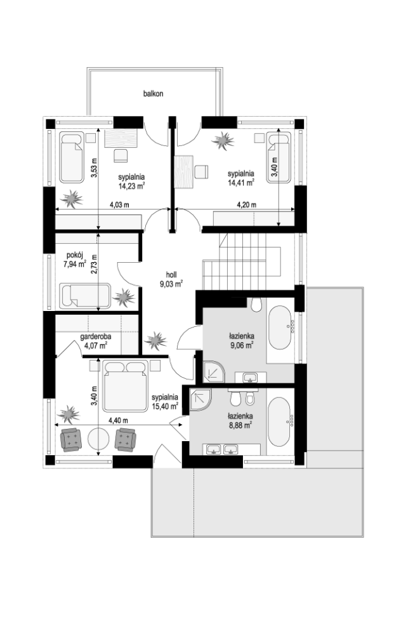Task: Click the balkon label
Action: tap(153, 94)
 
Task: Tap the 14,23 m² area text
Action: tap(131, 185)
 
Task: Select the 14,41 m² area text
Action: tap(240, 183)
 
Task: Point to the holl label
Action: tap(171, 274)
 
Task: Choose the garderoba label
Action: tap(96, 336)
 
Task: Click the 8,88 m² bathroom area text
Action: tap(240, 425)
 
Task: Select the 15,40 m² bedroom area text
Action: tap(165, 406)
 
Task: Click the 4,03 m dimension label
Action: tap(119, 205)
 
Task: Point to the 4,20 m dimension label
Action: tap(247, 205)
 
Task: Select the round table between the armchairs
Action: tap(98, 439)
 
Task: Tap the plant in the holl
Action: tap(155, 340)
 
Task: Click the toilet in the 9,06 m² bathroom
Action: tap(256, 304)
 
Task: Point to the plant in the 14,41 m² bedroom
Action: tap(223, 141)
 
